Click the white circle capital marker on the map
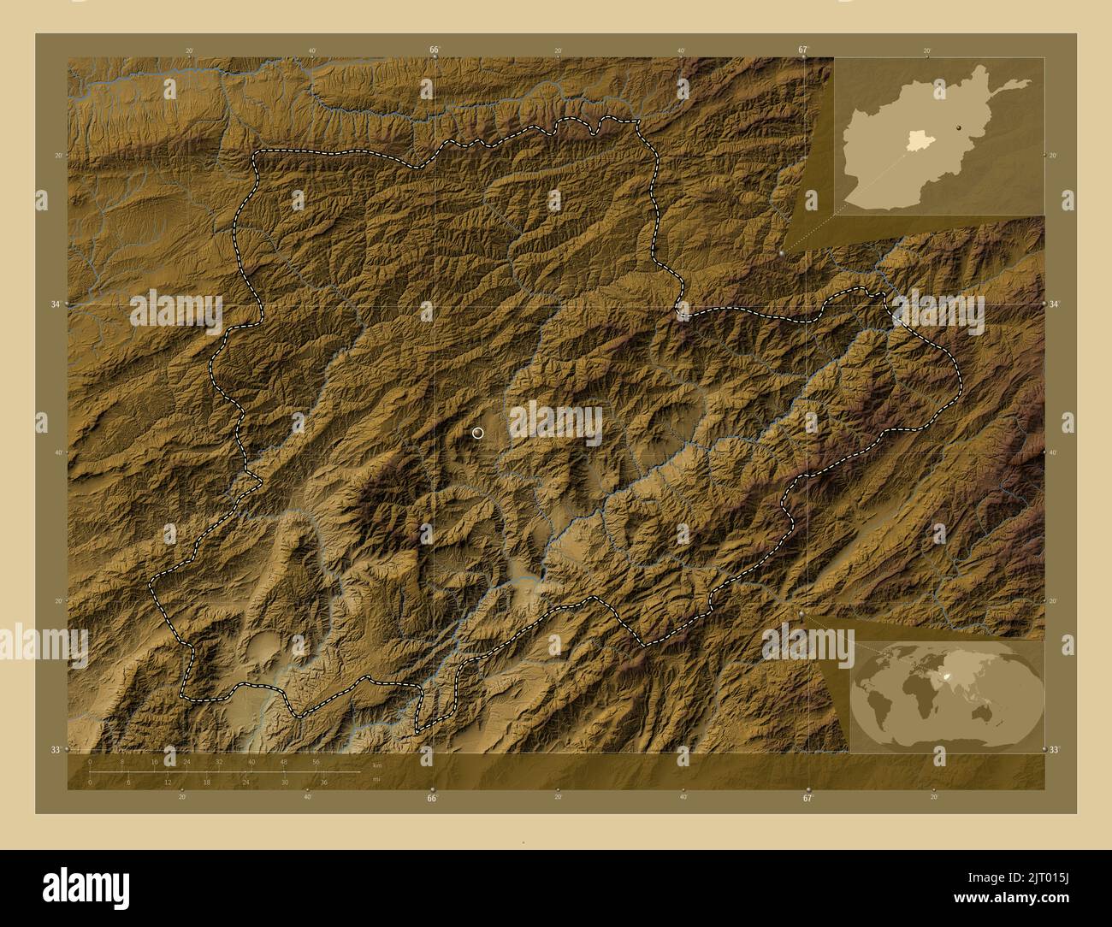477,433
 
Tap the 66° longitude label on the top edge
435,50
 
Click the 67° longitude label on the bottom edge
807,798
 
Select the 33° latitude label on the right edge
1055,750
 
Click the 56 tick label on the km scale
316,761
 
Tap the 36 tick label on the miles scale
324,782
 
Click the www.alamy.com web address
1036,901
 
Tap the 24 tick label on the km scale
186,761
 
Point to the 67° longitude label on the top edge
803,50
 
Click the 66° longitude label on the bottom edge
432,798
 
